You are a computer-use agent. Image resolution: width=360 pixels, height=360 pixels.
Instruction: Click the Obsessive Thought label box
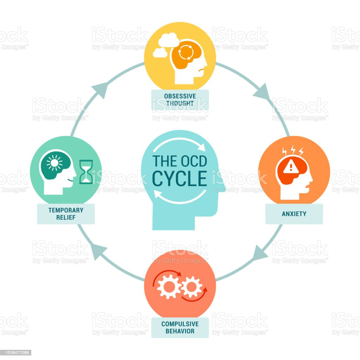(180, 100)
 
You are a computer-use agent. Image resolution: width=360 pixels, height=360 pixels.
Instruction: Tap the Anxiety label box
(294, 213)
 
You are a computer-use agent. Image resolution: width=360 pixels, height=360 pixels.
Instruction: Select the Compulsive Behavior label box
(180, 327)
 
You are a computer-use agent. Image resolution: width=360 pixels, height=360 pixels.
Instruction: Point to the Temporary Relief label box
(66, 213)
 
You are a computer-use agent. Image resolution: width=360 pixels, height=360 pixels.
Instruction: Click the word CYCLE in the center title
(180, 178)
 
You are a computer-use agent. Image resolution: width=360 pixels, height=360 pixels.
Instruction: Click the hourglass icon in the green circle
(86, 172)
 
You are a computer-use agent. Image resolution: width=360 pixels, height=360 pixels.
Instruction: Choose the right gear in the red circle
(192, 287)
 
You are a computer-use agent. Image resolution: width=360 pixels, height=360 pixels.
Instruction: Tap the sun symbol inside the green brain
(54, 163)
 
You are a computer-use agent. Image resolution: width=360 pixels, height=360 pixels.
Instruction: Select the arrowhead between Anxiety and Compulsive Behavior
(260, 252)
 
